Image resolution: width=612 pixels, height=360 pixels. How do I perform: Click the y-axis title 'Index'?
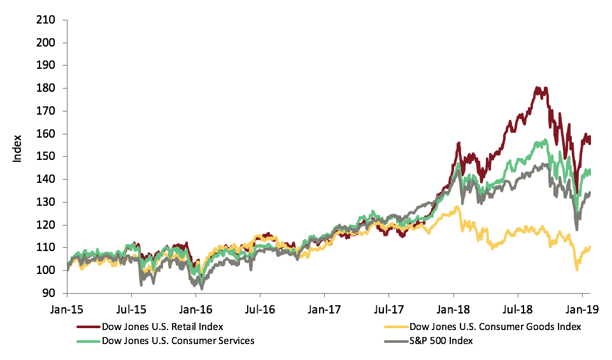coord(17,148)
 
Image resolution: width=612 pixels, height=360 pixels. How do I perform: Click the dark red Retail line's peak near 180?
coord(538,88)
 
